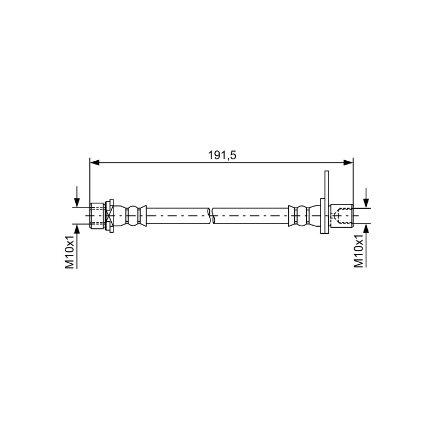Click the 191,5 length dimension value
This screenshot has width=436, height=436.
tap(222, 155)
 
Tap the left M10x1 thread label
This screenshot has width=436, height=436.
tap(70, 252)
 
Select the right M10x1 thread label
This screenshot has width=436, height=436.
tap(359, 251)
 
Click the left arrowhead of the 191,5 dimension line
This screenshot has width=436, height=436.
tap(94, 162)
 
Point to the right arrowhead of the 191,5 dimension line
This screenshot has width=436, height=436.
tap(348, 162)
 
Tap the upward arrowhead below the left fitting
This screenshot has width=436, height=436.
tap(77, 229)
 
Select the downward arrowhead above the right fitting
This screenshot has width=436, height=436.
tap(366, 203)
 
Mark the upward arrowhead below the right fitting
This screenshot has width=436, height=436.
tap(366, 228)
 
